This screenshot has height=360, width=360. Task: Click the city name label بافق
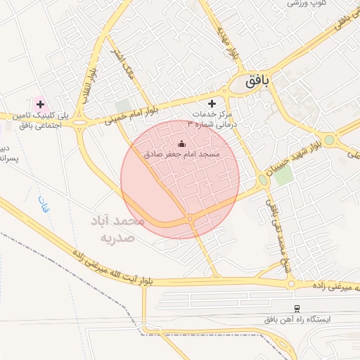tap(257, 82)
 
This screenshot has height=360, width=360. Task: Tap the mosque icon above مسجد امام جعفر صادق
tap(181, 145)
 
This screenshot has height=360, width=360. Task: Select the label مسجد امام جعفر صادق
tap(181, 154)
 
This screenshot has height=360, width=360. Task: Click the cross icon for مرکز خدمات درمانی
tap(212, 103)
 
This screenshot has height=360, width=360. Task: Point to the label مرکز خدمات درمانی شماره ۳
tap(215, 118)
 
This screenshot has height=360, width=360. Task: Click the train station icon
tap(297, 308)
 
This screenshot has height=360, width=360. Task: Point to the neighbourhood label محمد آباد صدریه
tap(117, 229)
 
